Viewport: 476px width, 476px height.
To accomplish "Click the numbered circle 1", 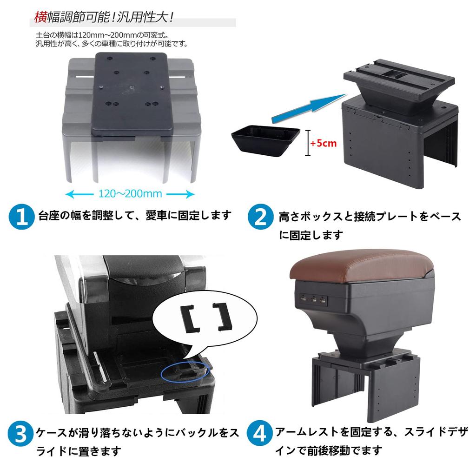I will coord(22,217).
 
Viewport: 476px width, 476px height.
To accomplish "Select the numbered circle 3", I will coord(22,434).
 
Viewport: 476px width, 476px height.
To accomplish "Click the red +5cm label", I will coord(324,143).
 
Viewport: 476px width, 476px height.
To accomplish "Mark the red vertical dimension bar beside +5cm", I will coord(308,143).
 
